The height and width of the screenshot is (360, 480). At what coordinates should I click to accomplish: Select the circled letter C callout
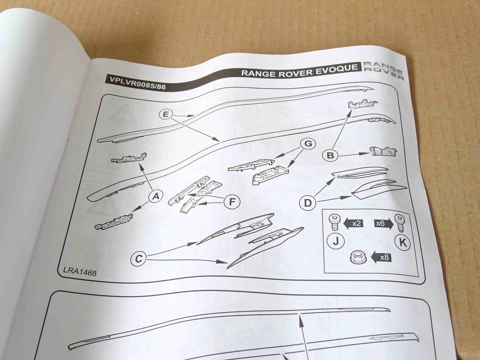pos(138,258)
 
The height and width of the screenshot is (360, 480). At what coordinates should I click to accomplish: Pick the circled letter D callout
pos(307,202)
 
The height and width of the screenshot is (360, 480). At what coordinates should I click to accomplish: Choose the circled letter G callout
pos(307,143)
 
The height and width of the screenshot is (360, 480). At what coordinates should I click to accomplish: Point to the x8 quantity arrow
pos(381,257)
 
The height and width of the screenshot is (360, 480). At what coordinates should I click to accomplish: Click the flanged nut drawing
pos(359,257)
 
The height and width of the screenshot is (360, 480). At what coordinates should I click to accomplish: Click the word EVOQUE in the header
pos(337,69)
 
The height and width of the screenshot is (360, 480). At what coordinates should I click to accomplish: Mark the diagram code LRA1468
pos(80,271)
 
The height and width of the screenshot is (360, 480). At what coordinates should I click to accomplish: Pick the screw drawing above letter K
pos(400,222)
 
